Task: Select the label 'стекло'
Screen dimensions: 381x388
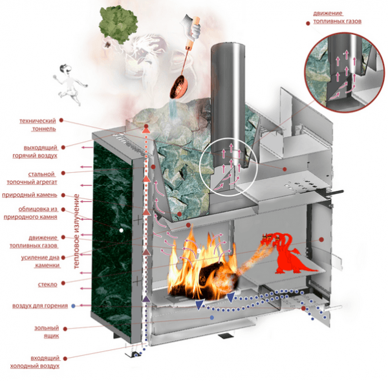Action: tap(47, 284)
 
